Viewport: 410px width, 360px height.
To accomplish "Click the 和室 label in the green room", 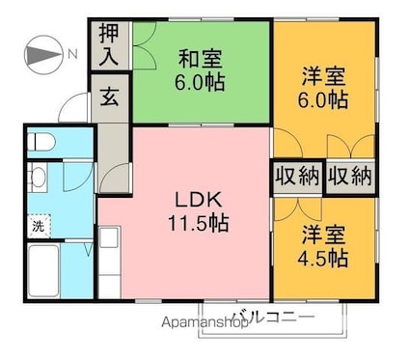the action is point(200,59).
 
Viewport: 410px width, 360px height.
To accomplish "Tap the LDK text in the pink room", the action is point(199,200).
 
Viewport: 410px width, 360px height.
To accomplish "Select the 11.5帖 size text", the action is point(199,223).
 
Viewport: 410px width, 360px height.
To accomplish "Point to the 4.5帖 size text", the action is point(322,258).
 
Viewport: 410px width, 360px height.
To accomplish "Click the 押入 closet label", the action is point(109,45).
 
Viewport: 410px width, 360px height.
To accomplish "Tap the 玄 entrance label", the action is point(109,97).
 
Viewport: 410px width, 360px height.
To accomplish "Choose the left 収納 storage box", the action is point(298,176).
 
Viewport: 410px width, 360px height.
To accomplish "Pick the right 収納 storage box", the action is point(350,176).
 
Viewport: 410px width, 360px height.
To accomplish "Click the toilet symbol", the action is point(41,142).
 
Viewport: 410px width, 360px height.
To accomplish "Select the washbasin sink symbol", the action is point(37,177).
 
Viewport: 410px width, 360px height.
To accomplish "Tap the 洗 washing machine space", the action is point(39,226).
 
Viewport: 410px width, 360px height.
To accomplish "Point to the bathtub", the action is point(44,271).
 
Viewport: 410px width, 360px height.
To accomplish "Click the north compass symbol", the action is point(43,54).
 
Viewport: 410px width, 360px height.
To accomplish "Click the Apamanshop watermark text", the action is point(205,322).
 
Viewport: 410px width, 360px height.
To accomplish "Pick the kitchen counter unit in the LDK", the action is point(109,263).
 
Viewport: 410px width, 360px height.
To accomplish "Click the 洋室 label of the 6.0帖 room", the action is point(323,76).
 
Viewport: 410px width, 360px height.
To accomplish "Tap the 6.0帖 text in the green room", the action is point(200,82).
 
